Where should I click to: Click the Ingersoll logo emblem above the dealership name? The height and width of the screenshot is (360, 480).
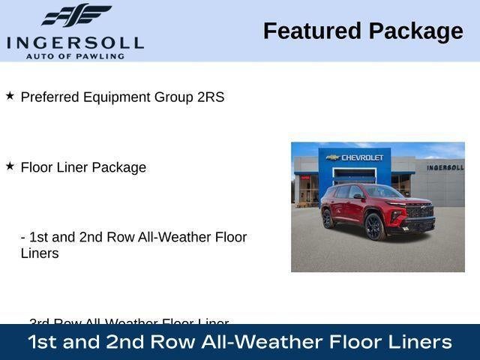[x=75, y=15]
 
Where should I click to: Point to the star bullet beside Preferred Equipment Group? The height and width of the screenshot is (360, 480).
[x=10, y=96]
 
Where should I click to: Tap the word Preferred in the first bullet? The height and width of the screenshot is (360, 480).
[x=47, y=97]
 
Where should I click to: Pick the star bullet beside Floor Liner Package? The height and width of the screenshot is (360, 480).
[x=10, y=166]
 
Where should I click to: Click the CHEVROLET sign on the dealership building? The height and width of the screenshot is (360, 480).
[x=362, y=157]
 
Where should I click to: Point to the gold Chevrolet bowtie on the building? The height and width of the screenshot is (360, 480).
[x=332, y=157]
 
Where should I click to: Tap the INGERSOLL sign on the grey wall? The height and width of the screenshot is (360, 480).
[x=445, y=167]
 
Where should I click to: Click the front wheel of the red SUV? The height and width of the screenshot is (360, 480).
[x=374, y=226]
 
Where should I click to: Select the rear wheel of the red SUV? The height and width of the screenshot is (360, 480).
[x=328, y=219]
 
